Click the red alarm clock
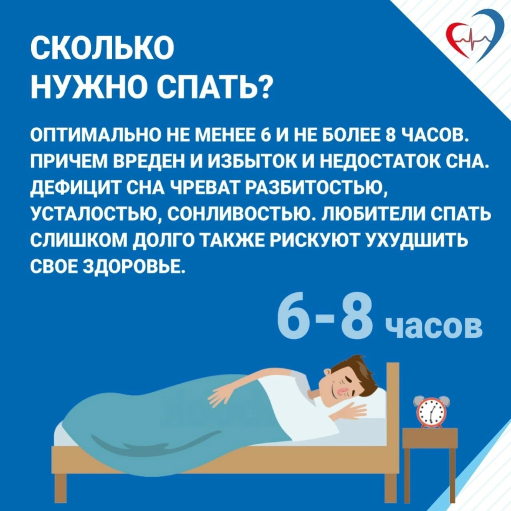coord(429,411)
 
